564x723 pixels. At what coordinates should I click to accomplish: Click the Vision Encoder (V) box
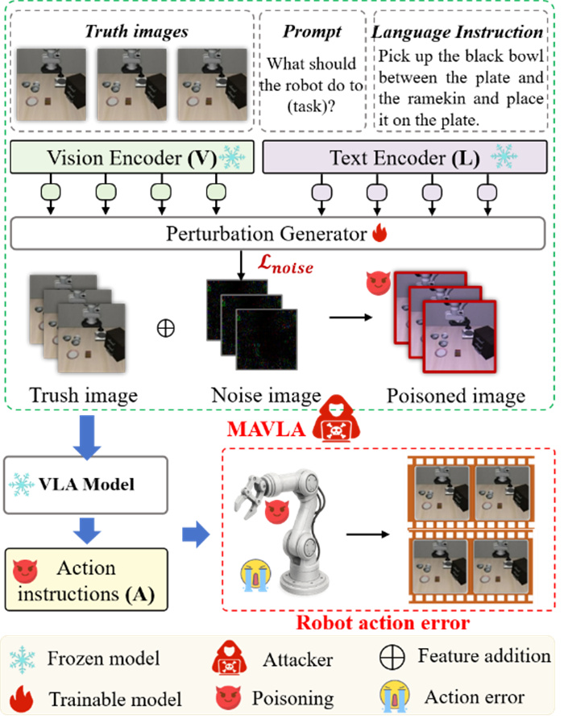coord(133,157)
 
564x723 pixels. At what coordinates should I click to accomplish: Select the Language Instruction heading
coord(458,33)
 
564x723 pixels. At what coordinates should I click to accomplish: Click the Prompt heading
coord(313,33)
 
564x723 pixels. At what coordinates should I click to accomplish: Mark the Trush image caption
coord(84,395)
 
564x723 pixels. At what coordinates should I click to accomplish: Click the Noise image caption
coord(266,395)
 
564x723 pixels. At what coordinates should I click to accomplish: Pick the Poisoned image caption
coord(456,395)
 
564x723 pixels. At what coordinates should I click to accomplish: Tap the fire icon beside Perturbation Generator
coord(380,234)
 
